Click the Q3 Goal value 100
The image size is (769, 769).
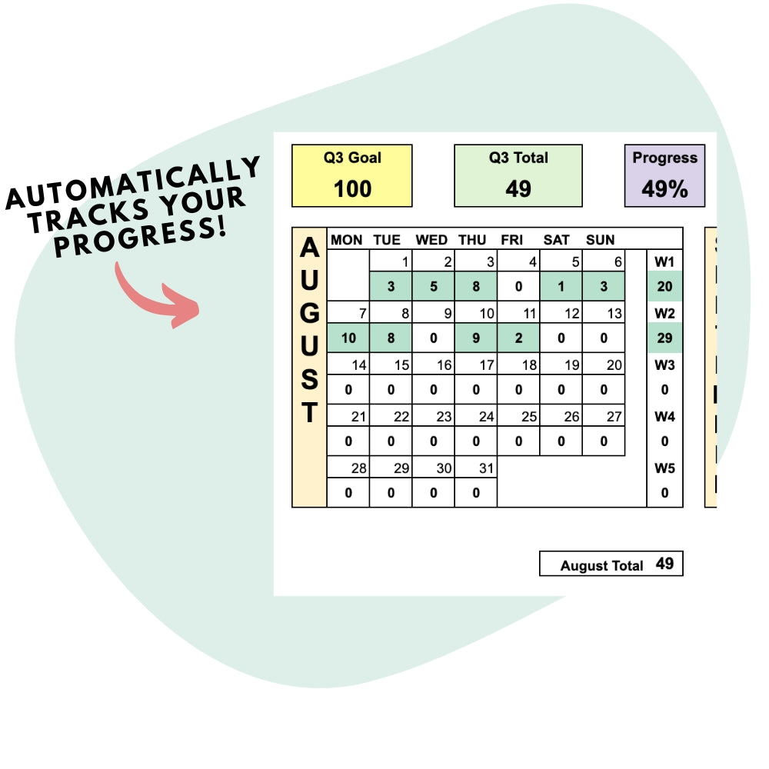352,189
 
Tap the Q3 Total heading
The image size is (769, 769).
518,158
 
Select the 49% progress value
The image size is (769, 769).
664,189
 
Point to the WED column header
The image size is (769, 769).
431,240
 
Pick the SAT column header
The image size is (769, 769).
557,240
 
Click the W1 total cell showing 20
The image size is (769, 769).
664,287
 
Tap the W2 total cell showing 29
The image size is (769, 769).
664,338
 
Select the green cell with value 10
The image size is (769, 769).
348,338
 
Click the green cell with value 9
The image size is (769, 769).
476,338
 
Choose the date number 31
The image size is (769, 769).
484,468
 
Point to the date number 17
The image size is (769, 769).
486,365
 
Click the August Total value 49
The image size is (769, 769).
664,564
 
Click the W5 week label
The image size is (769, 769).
664,468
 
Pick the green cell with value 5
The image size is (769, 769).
433,287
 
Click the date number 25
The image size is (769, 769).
528,417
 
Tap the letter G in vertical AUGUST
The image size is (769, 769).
309,315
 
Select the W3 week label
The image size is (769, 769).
664,365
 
